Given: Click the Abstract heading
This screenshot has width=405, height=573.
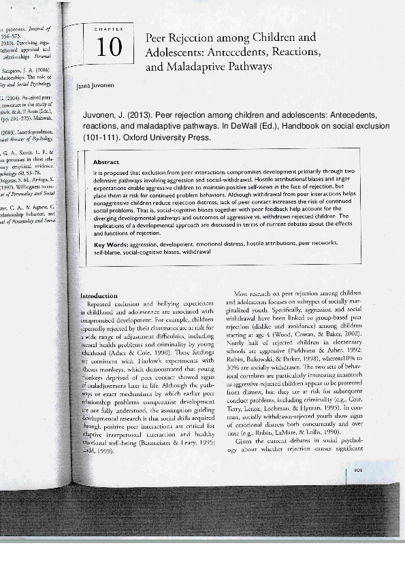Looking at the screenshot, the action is coord(106,162).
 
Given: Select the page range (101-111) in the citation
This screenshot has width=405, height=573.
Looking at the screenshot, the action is coord(101,137).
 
